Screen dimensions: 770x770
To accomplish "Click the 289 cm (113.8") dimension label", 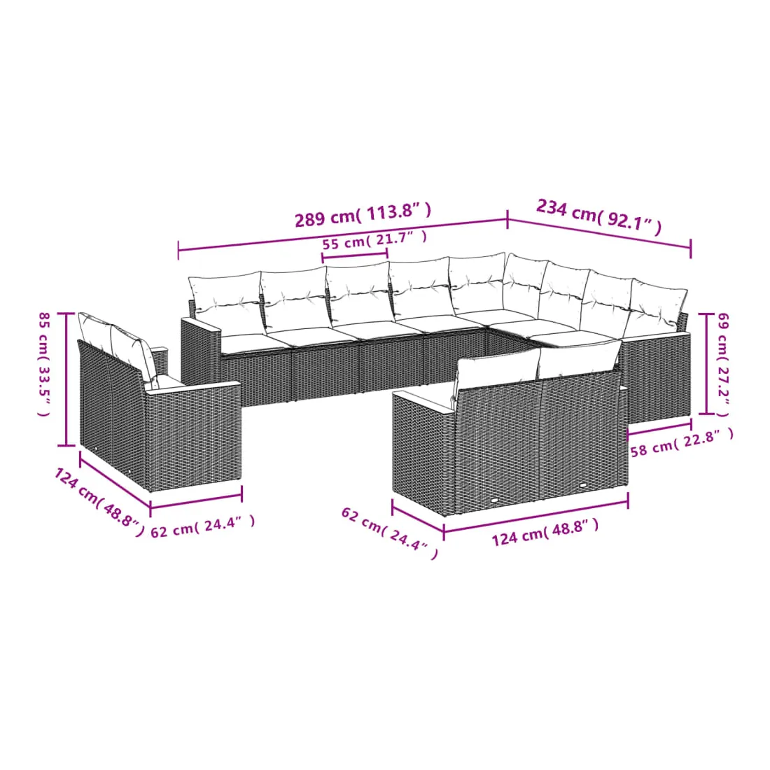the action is [363, 215].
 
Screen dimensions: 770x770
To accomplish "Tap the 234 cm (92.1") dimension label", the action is [599, 215].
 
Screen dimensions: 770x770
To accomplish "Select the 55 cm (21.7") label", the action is [374, 239].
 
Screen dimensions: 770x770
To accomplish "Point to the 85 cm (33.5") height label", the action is [45, 364].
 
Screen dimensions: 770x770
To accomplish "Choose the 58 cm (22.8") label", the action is [682, 442].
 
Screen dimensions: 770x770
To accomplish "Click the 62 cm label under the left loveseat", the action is [203, 526].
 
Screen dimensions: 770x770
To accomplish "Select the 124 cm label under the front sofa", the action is [545, 532].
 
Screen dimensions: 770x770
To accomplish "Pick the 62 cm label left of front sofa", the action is [389, 533].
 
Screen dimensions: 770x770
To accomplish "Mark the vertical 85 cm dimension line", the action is [66, 379].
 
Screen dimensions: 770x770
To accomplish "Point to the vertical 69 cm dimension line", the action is [707, 364].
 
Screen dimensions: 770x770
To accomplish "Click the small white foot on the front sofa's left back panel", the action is [495, 500].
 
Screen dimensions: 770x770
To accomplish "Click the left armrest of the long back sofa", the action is [201, 353].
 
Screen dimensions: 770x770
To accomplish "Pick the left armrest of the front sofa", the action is [423, 451].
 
